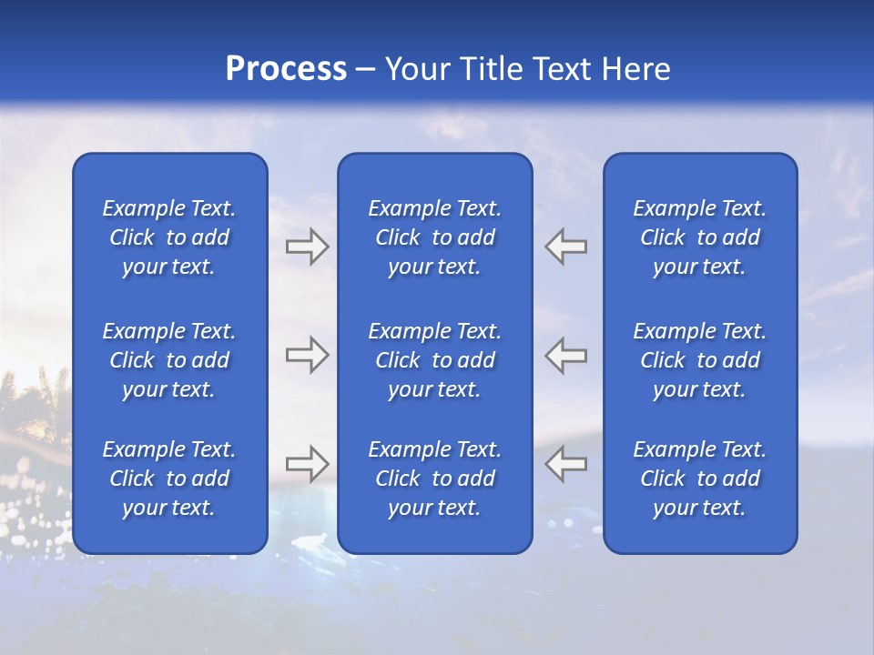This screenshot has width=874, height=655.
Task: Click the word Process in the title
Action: coord(286,69)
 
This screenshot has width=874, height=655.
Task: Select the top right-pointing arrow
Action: coord(308,246)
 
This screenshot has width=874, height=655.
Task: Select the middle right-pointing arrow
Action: coord(308,355)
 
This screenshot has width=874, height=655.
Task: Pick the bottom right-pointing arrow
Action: coord(308,464)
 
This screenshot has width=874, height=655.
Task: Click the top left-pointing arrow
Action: coord(566,246)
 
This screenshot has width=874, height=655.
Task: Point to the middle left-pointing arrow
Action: coord(566,355)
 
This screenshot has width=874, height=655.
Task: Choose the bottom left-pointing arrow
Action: coord(566,464)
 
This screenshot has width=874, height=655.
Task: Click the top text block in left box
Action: coord(169,237)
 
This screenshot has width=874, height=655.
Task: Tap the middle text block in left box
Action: coord(169,360)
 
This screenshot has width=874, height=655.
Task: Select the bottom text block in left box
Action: coord(169,479)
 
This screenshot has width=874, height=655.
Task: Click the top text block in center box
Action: coord(435,237)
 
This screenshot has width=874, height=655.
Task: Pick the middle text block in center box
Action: coord(435,360)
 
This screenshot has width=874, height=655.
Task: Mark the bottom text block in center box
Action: coord(435,479)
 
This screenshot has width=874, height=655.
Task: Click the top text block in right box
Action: coord(700,237)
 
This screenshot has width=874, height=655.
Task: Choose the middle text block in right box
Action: coord(700,360)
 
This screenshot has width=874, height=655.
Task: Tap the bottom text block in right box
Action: coord(700,479)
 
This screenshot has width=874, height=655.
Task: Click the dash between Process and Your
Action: coord(366,70)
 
